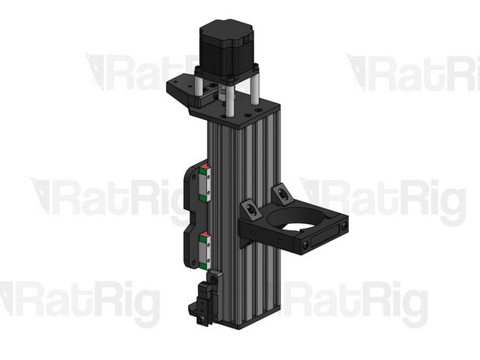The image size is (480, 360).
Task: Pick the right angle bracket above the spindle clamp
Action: coord(282,192)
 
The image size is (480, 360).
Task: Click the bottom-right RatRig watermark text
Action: coord(357,300)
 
